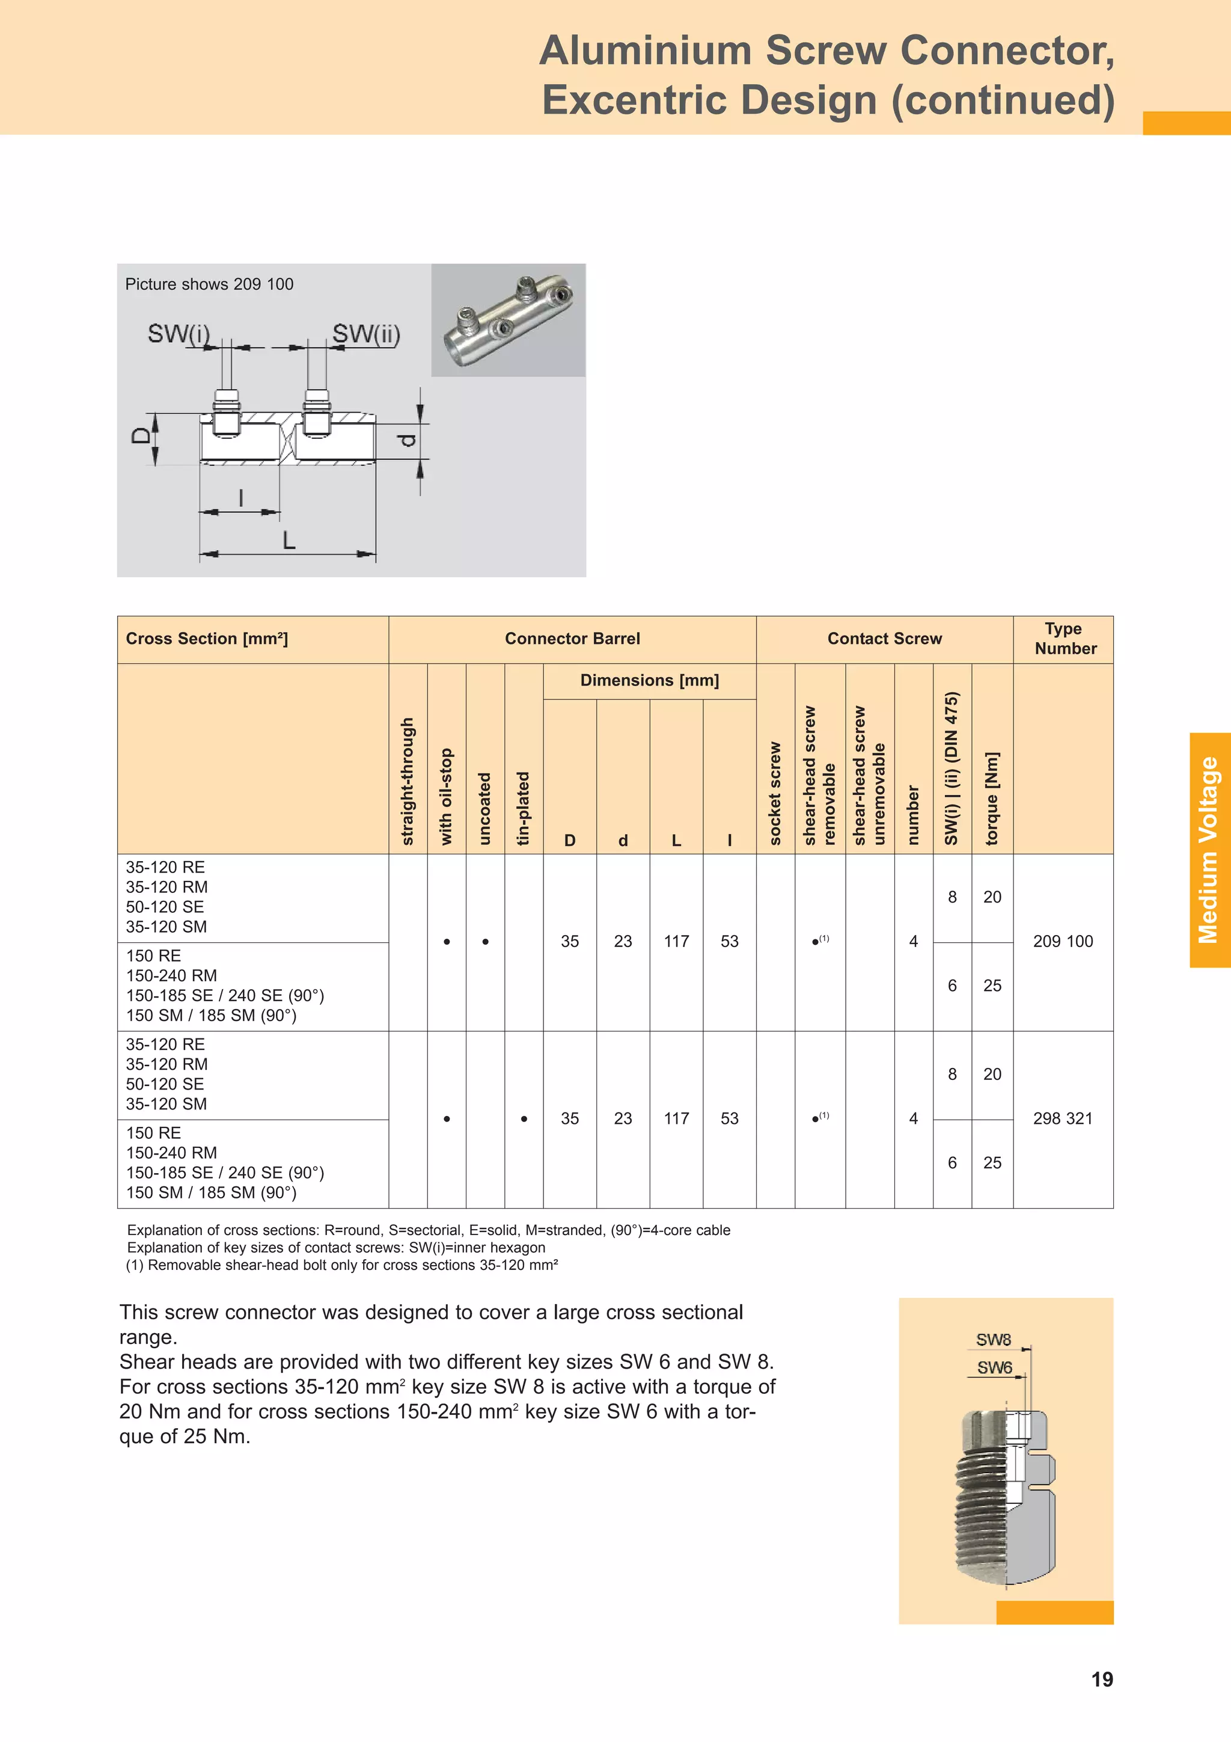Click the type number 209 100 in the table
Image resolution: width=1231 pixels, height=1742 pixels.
(x=1063, y=942)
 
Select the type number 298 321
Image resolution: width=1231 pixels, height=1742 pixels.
(x=1063, y=1118)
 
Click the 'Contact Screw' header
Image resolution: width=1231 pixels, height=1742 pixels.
(x=884, y=639)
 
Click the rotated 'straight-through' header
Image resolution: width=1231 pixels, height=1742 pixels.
(x=408, y=782)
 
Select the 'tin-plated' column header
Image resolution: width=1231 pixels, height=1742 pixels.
(x=524, y=808)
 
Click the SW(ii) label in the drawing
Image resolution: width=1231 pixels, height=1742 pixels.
(x=366, y=334)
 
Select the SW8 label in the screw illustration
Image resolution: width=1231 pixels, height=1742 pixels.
(x=994, y=1340)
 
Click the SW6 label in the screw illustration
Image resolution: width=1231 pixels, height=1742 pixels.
(x=994, y=1368)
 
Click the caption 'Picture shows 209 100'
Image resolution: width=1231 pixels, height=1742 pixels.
(x=209, y=284)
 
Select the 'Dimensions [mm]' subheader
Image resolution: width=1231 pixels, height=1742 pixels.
(x=649, y=681)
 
